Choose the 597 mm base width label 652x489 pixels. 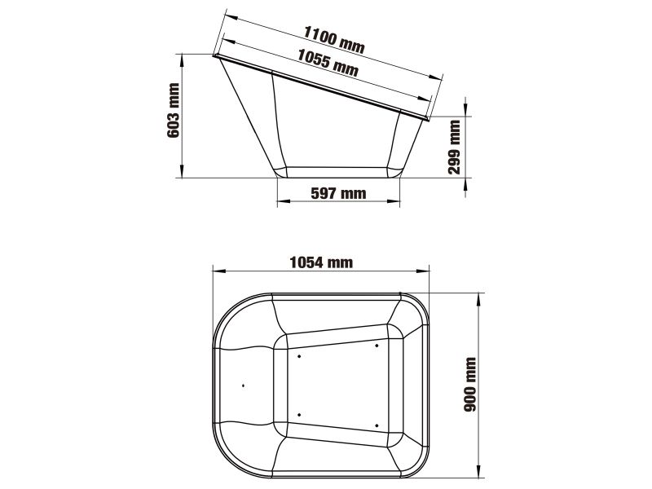(338, 193)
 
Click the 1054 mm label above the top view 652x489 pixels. (321, 262)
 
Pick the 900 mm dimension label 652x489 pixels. (469, 383)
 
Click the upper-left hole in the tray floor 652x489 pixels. (299, 355)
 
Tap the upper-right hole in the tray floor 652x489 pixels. (377, 345)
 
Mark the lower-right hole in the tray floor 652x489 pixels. (377, 423)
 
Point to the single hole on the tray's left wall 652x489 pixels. (244, 385)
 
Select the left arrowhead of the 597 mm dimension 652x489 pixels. (280, 201)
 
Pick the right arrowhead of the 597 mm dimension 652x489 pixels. (399, 201)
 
